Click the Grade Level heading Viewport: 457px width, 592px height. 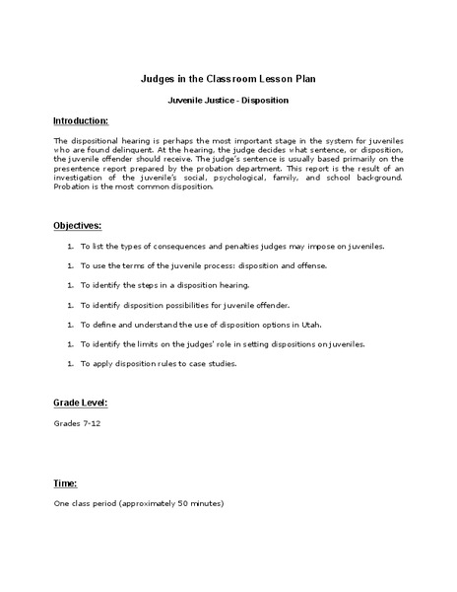[80, 404]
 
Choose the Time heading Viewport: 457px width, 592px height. [65, 483]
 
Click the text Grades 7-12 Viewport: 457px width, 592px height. [78, 423]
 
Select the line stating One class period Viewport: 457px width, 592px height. [139, 503]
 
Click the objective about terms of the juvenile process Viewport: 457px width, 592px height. [198, 264]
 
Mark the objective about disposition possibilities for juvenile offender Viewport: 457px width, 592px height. [191, 304]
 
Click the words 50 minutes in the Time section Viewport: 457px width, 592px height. [202, 503]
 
